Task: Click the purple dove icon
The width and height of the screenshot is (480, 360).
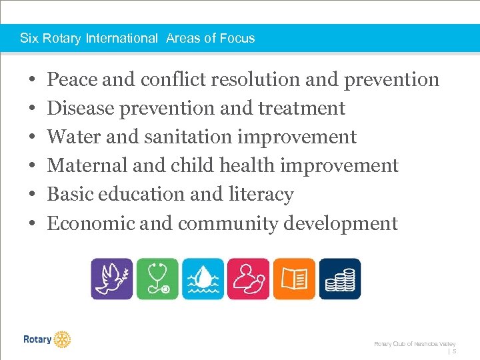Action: tap(112, 279)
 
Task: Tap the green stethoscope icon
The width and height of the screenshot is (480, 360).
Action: tap(157, 279)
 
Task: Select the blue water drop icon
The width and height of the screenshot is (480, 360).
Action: tap(203, 279)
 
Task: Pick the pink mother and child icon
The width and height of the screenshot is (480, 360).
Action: tap(248, 279)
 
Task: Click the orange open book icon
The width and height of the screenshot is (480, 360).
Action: tap(294, 279)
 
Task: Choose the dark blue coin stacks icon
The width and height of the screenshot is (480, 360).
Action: tap(339, 279)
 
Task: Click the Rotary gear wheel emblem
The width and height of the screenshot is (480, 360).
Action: tap(62, 339)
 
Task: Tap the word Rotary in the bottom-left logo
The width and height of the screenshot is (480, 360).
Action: tap(37, 339)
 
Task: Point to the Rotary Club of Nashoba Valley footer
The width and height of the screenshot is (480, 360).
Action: tap(414, 343)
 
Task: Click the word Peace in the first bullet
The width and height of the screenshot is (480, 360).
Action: tap(73, 80)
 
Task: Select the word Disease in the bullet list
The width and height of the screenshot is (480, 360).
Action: tap(79, 109)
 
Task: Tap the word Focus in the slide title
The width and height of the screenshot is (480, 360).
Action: tap(239, 38)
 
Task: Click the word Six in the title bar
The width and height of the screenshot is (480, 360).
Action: tap(29, 38)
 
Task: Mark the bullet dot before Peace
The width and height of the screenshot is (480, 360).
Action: tap(33, 81)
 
